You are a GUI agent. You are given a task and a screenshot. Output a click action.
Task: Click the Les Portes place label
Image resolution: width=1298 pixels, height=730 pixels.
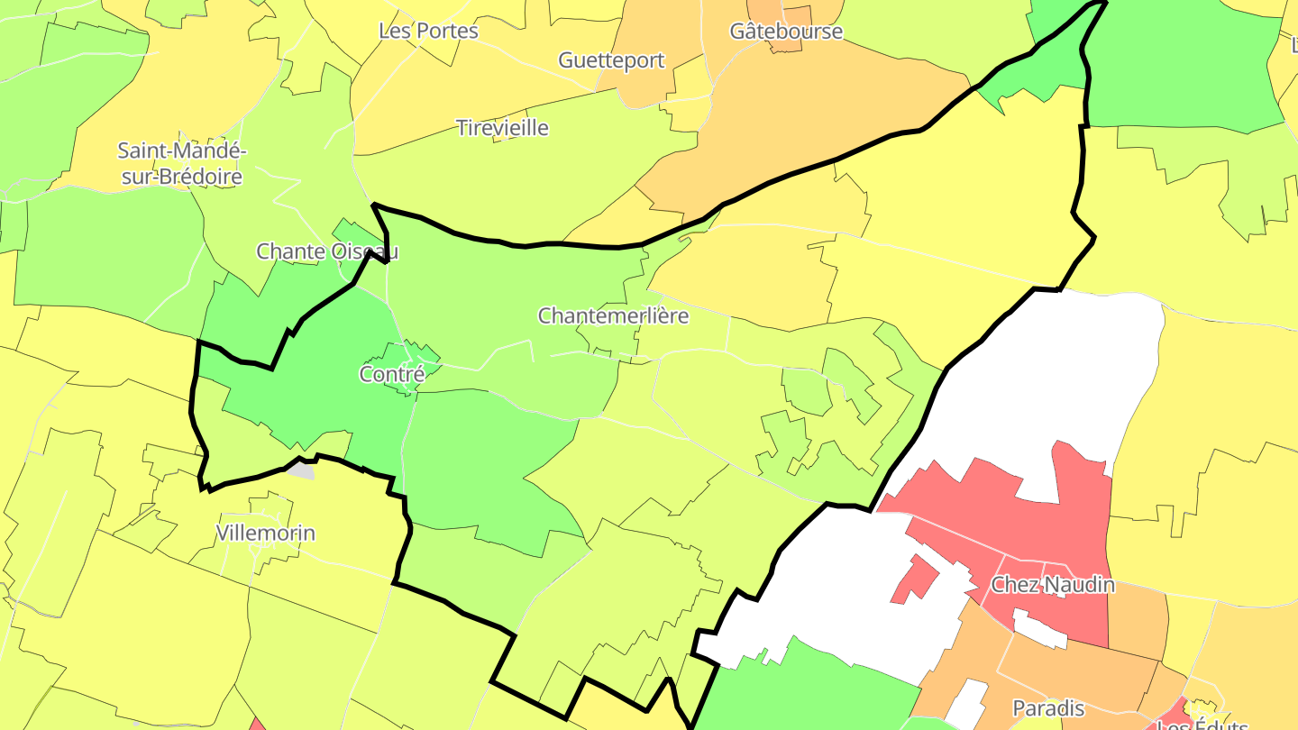(x=428, y=31)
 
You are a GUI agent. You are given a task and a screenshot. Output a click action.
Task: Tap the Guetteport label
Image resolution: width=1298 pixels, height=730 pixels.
(x=611, y=60)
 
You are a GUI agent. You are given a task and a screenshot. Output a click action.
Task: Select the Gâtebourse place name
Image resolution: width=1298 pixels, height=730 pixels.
(x=786, y=32)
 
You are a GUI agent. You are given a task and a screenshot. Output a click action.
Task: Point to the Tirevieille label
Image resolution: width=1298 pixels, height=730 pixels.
(x=502, y=128)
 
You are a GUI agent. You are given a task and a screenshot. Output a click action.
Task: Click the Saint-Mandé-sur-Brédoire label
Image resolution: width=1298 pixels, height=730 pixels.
(x=182, y=163)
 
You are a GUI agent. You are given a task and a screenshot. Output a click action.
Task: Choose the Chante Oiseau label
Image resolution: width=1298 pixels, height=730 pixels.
(x=327, y=251)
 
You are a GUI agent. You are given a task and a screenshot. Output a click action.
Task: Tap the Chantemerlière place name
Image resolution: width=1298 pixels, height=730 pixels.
(x=613, y=316)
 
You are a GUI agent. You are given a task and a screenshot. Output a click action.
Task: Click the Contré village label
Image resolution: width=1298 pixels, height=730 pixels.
(x=391, y=374)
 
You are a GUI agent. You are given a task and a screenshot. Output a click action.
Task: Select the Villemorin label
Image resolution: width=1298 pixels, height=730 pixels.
(x=266, y=534)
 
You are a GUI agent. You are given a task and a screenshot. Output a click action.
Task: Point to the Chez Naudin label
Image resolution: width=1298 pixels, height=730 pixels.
(x=1053, y=586)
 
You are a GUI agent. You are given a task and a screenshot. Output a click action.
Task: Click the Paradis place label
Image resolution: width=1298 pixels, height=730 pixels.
(x=1048, y=708)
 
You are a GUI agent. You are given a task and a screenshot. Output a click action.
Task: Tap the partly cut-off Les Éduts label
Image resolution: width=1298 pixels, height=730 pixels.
(x=1202, y=724)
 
